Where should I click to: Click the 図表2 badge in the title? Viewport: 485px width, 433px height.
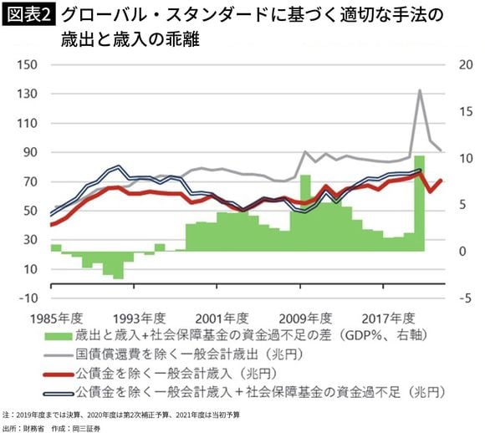tap(28, 15)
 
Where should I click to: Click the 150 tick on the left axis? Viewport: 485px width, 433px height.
tap(28, 65)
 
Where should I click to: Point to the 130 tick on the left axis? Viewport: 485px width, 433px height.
tap(28, 94)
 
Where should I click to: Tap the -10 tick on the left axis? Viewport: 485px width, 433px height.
tap(28, 298)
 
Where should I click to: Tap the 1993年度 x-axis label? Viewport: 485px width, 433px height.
tap(139, 318)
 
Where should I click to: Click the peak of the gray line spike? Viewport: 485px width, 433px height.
tap(419, 90)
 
